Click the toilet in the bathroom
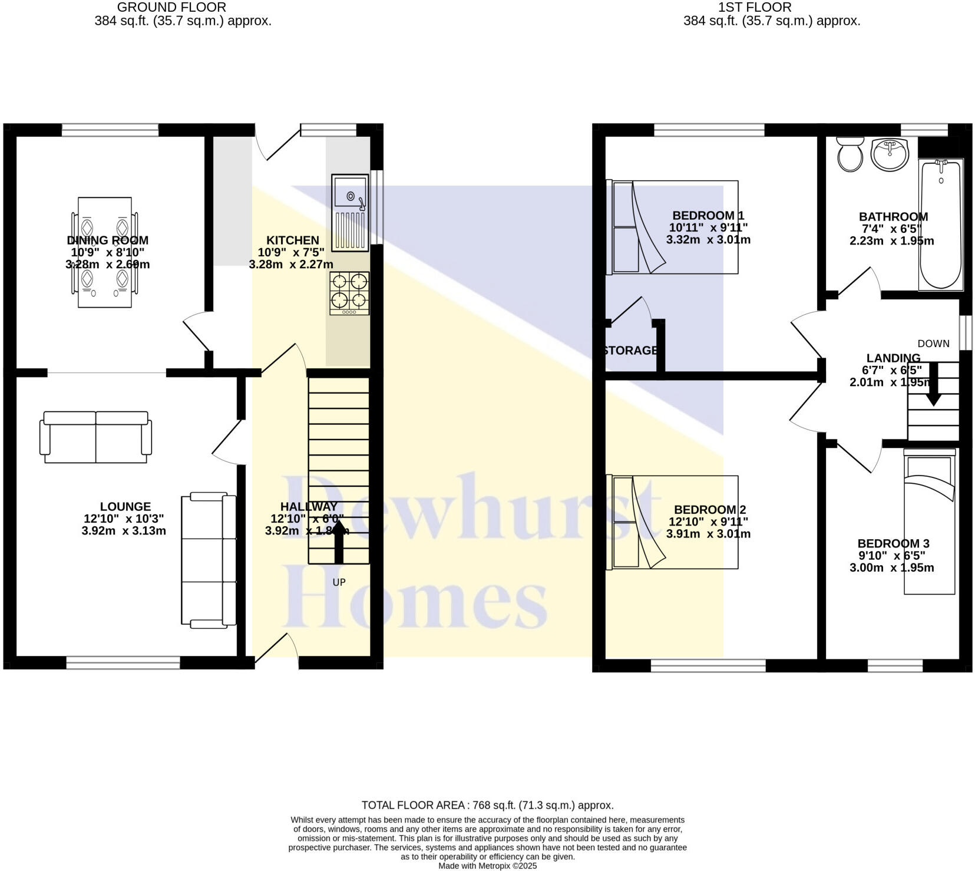[x=850, y=155]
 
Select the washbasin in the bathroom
[x=890, y=154]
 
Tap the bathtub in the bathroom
[x=941, y=224]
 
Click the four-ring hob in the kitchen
[x=350, y=293]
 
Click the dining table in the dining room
[x=105, y=252]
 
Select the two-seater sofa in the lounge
[x=95, y=437]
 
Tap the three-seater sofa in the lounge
[x=209, y=560]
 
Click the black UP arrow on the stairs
[x=339, y=545]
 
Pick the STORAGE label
[x=630, y=351]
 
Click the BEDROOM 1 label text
[x=708, y=216]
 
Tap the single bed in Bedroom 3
[x=929, y=522]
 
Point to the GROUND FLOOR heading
[x=171, y=8]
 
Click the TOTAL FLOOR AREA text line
[x=487, y=805]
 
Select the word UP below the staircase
[x=339, y=582]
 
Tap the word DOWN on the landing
[x=933, y=344]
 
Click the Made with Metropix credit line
[x=487, y=866]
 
